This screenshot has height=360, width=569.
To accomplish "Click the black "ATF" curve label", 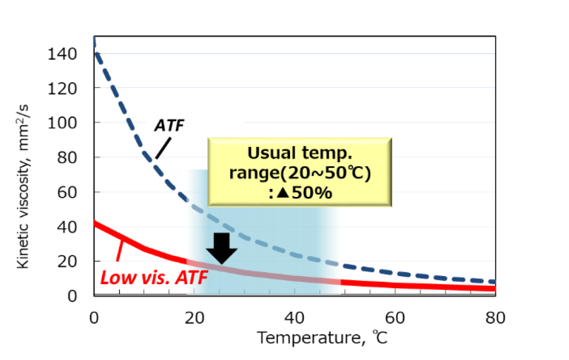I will coord(170,126).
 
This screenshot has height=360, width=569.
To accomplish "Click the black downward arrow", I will coord(222,248).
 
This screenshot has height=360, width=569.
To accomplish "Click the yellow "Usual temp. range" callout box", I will coord(300,172).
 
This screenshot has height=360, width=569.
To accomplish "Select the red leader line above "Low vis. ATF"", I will coord(121,250).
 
